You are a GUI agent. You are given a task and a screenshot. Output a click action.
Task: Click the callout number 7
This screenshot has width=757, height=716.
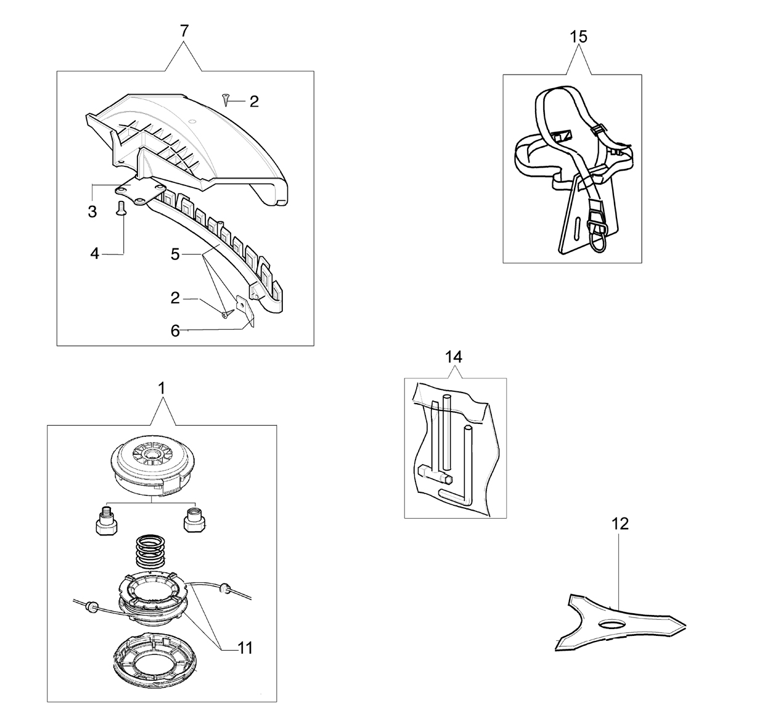(x=184, y=31)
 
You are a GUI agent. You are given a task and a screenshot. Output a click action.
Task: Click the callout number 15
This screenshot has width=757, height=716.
(x=578, y=38)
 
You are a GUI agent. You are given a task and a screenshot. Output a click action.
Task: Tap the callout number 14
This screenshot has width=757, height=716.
(x=454, y=357)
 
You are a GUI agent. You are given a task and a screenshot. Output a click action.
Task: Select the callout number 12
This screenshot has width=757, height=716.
(x=620, y=524)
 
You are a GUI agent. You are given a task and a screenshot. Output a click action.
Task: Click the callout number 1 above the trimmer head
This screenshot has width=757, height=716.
(x=162, y=388)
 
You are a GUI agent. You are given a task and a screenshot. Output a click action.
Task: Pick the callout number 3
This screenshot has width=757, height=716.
(x=92, y=212)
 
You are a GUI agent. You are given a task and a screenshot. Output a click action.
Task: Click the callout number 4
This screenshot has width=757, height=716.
(x=95, y=254)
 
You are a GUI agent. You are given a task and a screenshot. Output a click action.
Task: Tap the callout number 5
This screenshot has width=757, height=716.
(x=175, y=254)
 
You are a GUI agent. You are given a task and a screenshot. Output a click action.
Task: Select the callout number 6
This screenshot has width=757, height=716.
(x=175, y=331)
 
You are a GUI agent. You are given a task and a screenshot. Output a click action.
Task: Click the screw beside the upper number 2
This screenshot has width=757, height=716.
(x=225, y=99)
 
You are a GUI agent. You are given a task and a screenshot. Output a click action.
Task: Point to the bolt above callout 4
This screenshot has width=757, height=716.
(x=121, y=208)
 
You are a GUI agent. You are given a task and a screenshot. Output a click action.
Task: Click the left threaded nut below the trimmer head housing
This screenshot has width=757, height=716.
(x=106, y=521)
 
